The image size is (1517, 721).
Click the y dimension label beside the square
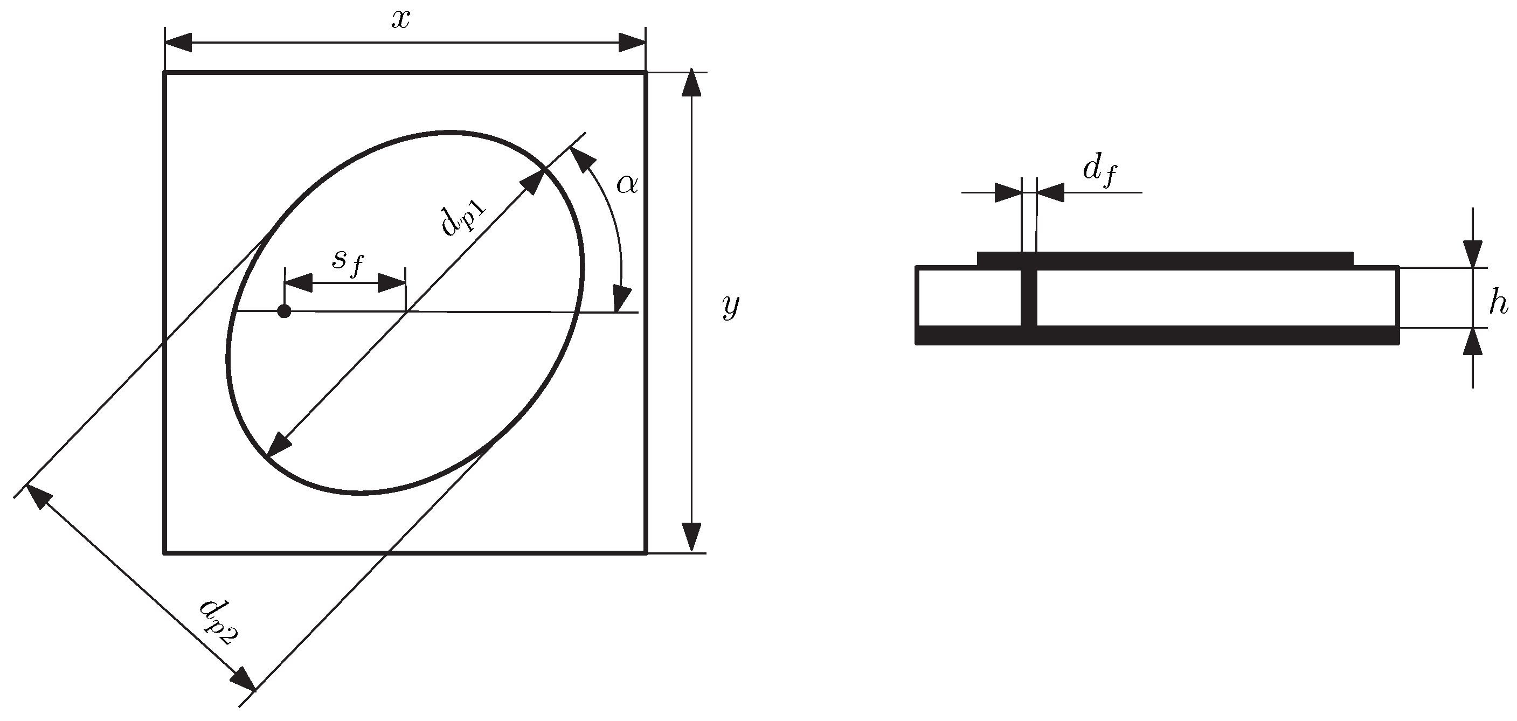[x=730, y=306]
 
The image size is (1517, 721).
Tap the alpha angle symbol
[x=627, y=185]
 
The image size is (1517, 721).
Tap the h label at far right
[x=1498, y=304]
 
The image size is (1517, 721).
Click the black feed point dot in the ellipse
[x=284, y=311]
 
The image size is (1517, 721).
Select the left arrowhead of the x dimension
[x=178, y=43]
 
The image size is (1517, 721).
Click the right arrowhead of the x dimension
[x=632, y=43]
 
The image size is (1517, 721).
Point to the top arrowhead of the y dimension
[x=694, y=84]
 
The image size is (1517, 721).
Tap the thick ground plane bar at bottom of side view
[x=1156, y=335]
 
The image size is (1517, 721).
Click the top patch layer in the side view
[x=1165, y=259]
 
